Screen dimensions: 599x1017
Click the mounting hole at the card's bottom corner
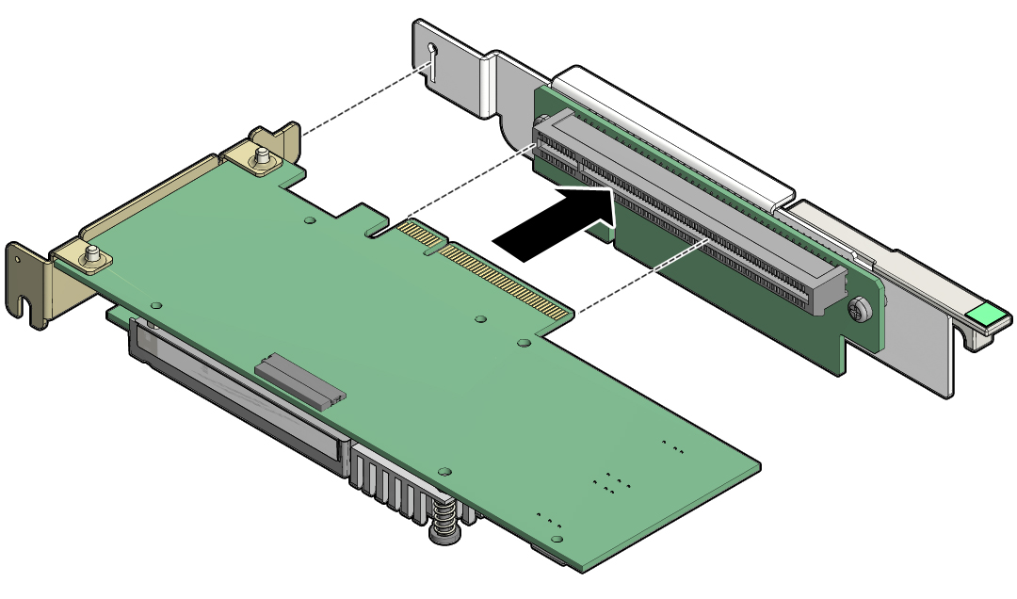pyautogui.click(x=558, y=538)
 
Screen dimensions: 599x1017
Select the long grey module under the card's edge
pyautogui.click(x=235, y=396)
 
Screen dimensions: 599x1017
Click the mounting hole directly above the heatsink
pyautogui.click(x=445, y=469)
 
